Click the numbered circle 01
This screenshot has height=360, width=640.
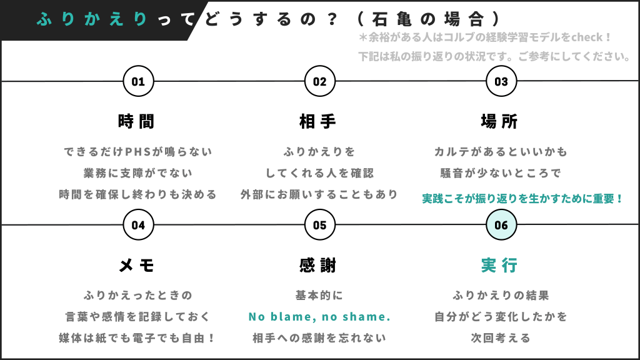pos(138,81)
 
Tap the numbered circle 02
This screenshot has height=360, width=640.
pos(320,81)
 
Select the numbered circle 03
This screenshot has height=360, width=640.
pos(501,81)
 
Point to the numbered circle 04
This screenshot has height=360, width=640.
pos(138,225)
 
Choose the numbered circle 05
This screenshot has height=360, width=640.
pos(320,225)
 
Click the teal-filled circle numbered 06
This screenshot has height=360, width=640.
pos(501,225)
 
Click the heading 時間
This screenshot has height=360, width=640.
pos(136,121)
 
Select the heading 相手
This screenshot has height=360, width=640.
pos(317,121)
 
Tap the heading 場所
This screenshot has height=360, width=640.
pos(499,121)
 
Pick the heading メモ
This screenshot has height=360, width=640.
pos(136,265)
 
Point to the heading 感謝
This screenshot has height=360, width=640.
pos(317,265)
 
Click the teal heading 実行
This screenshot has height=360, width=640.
pos(499,265)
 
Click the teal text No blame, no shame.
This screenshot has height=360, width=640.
pos(319,317)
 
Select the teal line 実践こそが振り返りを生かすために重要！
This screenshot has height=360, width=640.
pos(522,199)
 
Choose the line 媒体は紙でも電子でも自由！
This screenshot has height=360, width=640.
pos(137,338)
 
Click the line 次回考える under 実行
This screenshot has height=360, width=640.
pos(501,338)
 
